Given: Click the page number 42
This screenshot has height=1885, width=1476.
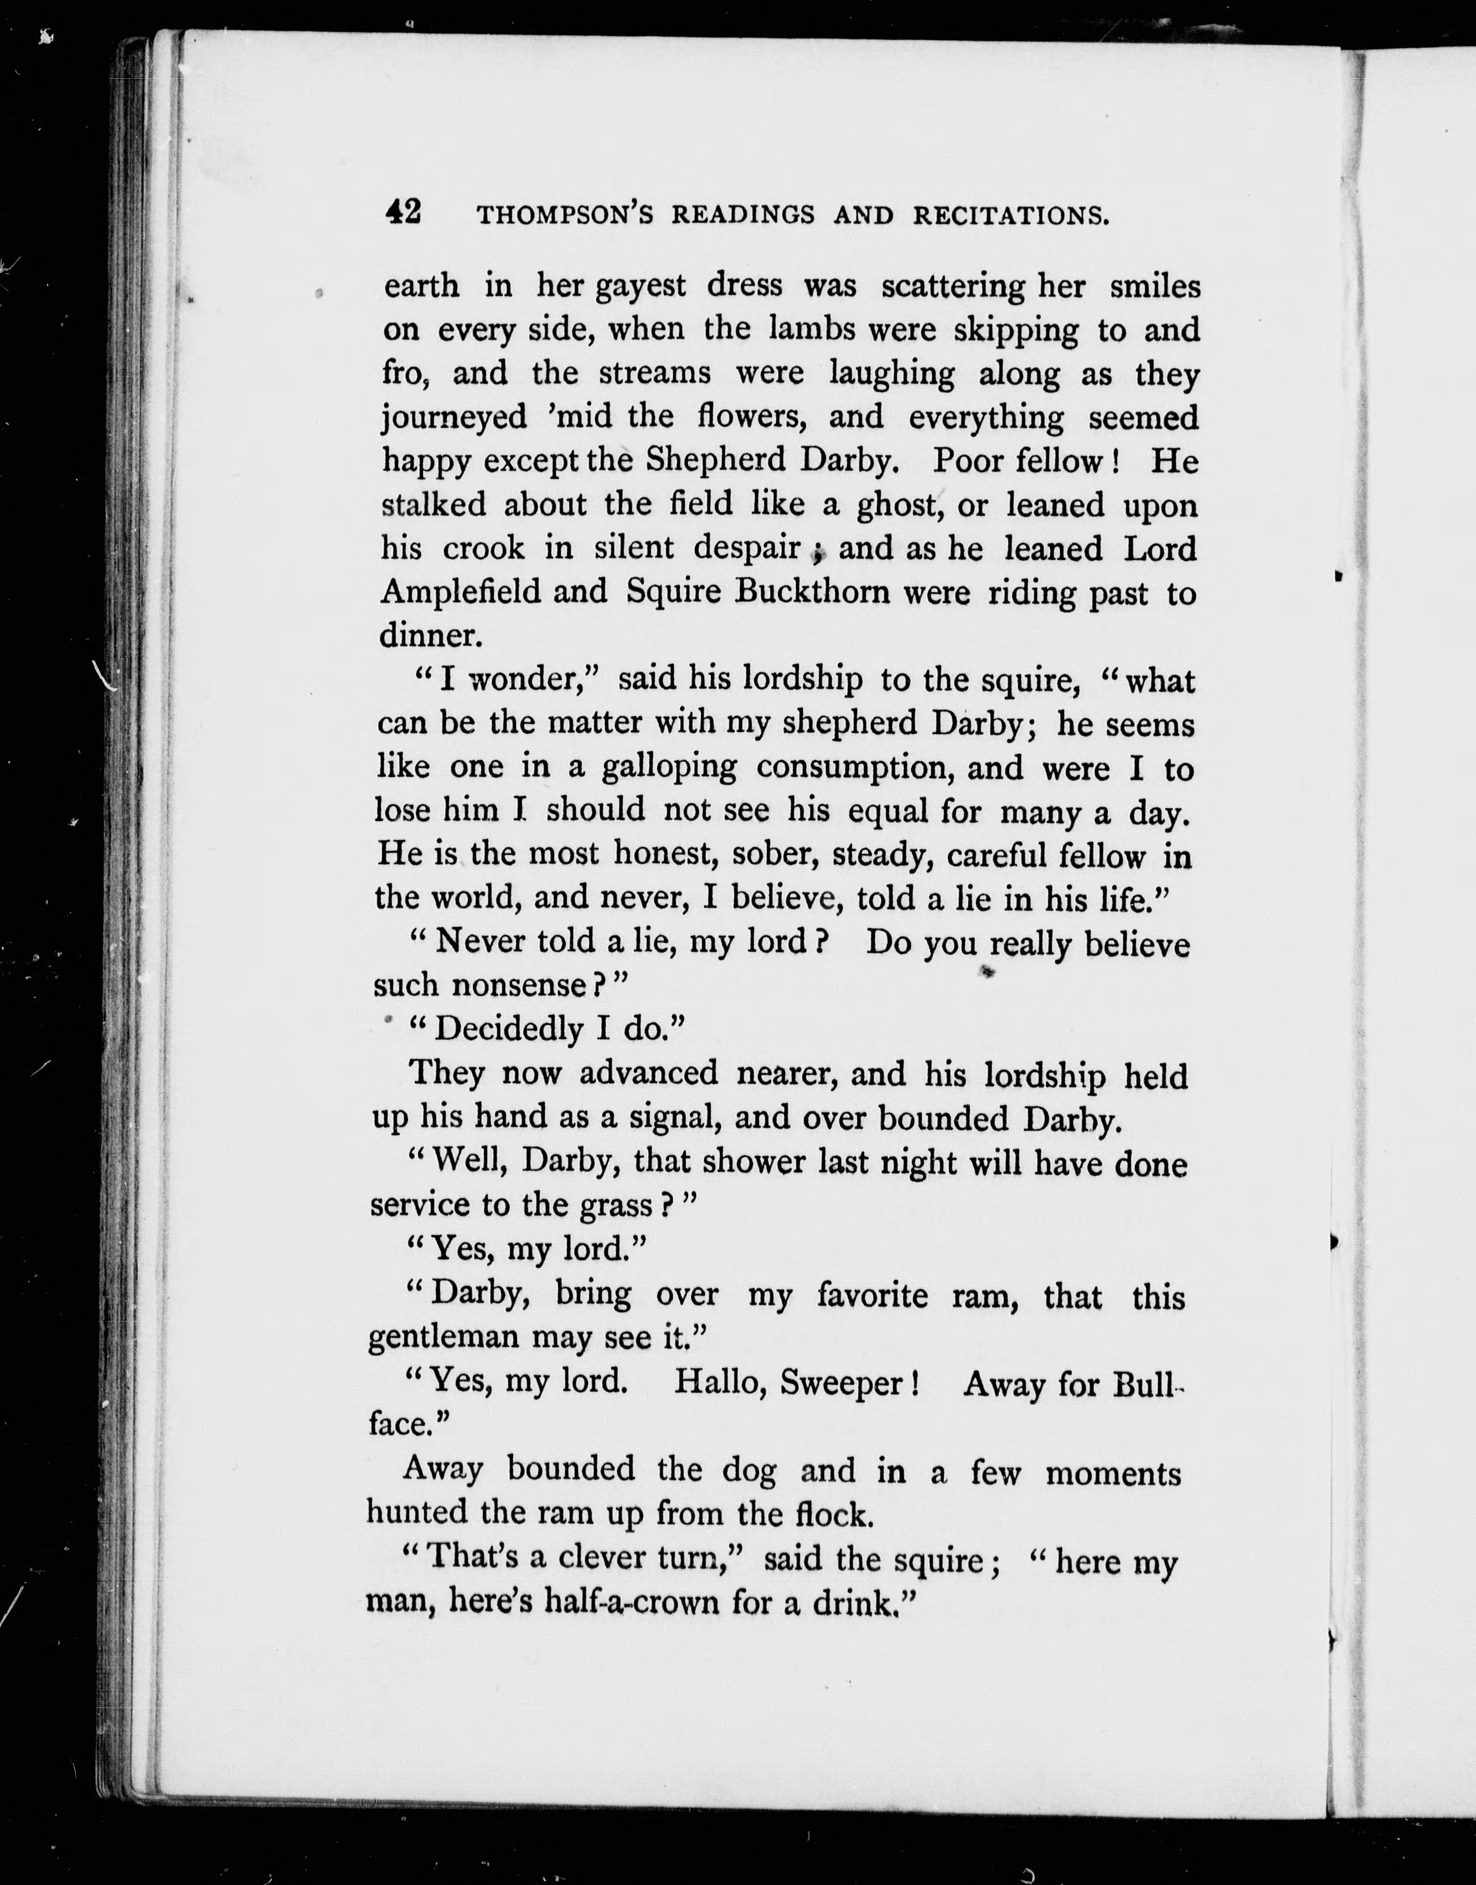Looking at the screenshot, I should pos(403,212).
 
